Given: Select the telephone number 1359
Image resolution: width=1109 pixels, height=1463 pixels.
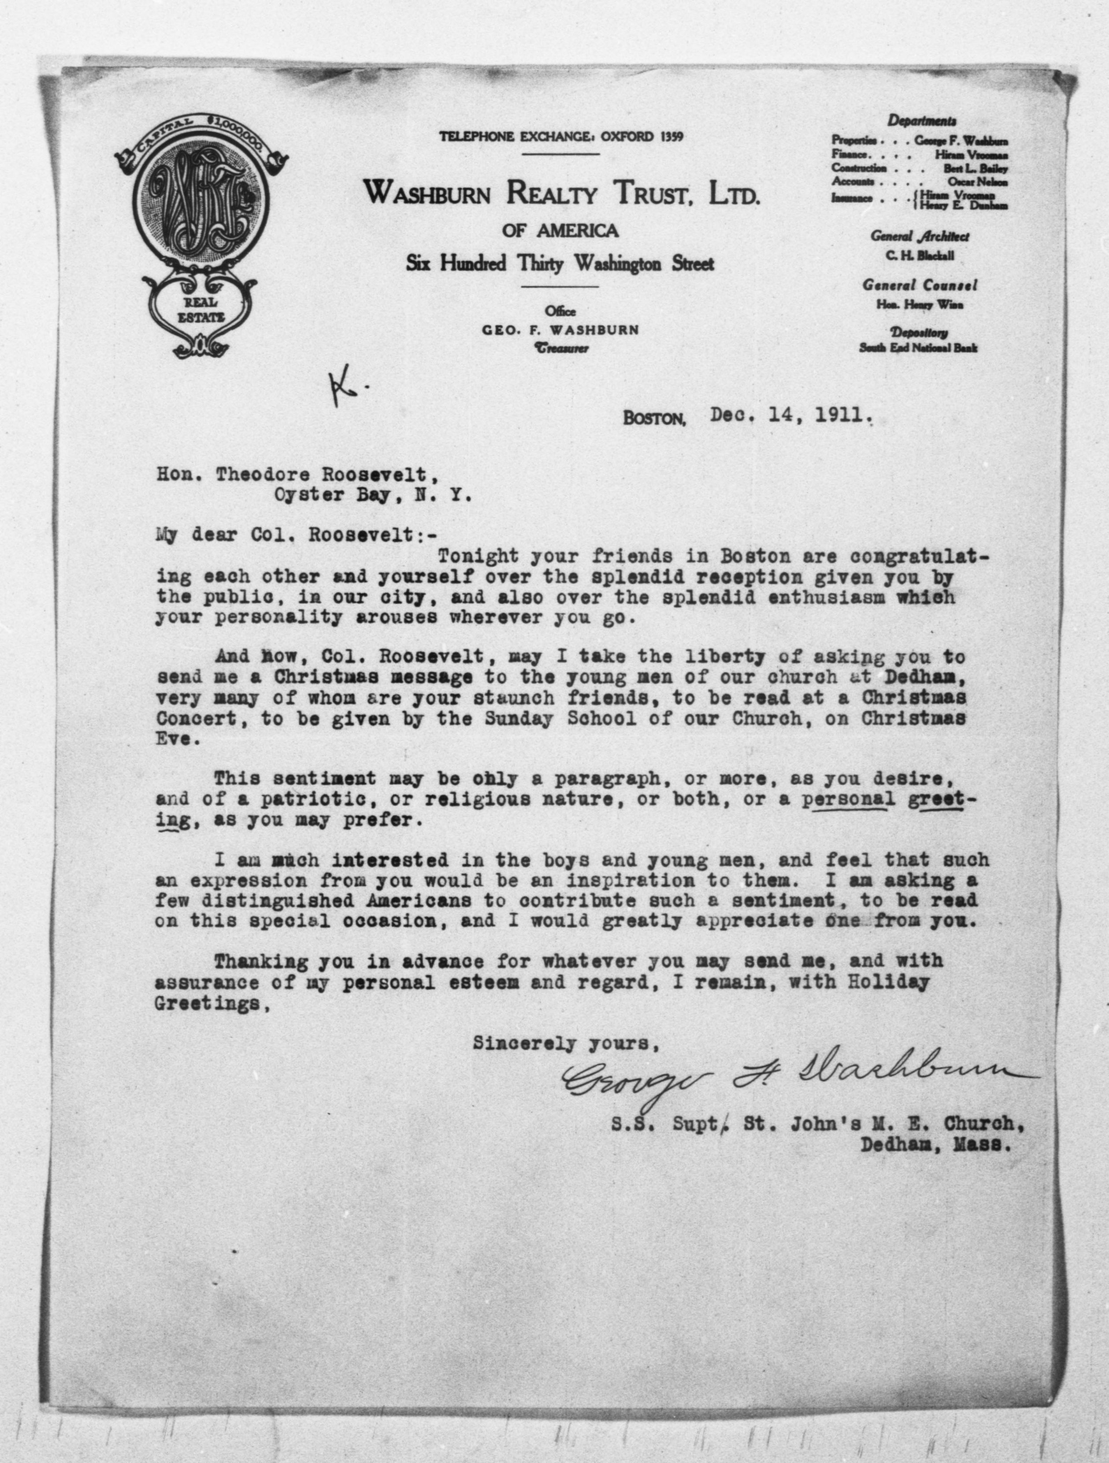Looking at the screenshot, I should tap(671, 137).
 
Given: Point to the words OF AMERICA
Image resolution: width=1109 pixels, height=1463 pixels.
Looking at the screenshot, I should tap(560, 231).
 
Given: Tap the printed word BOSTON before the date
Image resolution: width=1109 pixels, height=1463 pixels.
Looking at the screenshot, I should tap(654, 419).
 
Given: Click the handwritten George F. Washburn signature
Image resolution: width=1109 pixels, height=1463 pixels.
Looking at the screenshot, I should tap(794, 1079).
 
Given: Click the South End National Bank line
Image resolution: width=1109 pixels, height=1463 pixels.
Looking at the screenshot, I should tap(918, 348).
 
